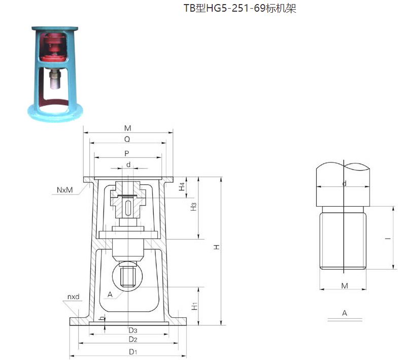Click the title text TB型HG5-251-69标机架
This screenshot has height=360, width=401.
coord(240,8)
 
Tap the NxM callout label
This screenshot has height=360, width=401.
coord(64,190)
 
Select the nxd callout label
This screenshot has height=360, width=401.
coord(74,297)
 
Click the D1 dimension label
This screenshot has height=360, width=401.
coord(132,352)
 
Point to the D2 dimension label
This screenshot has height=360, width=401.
coord(132,339)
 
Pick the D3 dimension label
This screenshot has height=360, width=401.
coord(132,331)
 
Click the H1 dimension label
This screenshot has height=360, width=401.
coord(194,306)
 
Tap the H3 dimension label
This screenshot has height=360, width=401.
coord(193,207)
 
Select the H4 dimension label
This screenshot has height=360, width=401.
coord(182,187)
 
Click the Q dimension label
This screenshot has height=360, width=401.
coord(127,139)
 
